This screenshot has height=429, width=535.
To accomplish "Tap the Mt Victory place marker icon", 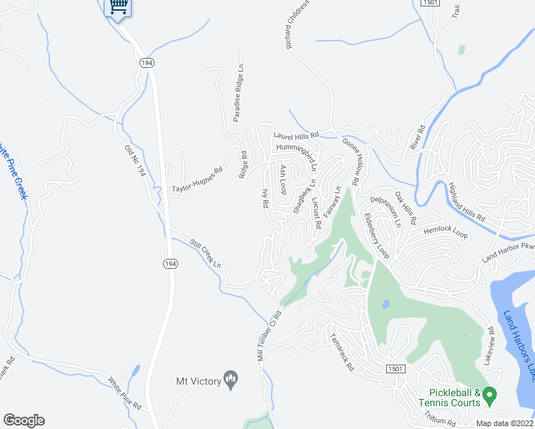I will pyautogui.click(x=231, y=378).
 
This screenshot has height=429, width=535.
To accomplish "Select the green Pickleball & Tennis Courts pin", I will pyautogui.click(x=489, y=394).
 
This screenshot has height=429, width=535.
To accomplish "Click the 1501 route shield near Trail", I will pyautogui.click(x=430, y=4).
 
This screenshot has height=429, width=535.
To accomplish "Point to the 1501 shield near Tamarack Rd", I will pyautogui.click(x=398, y=368).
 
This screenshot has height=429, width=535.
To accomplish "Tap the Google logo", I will pyautogui.click(x=24, y=420).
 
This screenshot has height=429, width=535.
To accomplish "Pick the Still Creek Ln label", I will pyautogui.click(x=205, y=254).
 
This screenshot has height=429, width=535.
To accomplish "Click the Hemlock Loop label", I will pyautogui.click(x=445, y=234).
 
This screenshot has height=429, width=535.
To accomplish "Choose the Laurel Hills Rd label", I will pyautogui.click(x=295, y=135).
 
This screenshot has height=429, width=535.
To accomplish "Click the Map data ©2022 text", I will pyautogui.click(x=505, y=423).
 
